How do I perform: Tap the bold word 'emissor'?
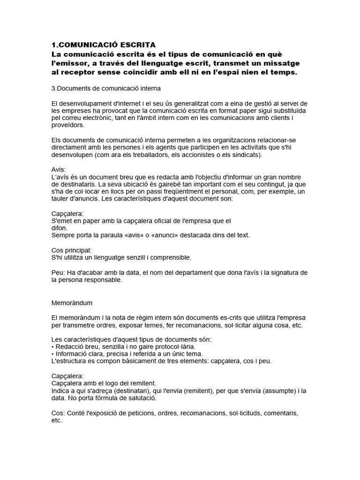point(71,63)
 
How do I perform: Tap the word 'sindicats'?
point(247,155)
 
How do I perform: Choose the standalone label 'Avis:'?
point(59,169)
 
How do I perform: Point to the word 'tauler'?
point(61,199)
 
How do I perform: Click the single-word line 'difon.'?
point(59,228)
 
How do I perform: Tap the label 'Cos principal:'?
point(71,250)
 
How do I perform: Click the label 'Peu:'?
point(58,272)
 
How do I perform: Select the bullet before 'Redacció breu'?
point(52,346)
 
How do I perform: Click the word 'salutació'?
point(141,398)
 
